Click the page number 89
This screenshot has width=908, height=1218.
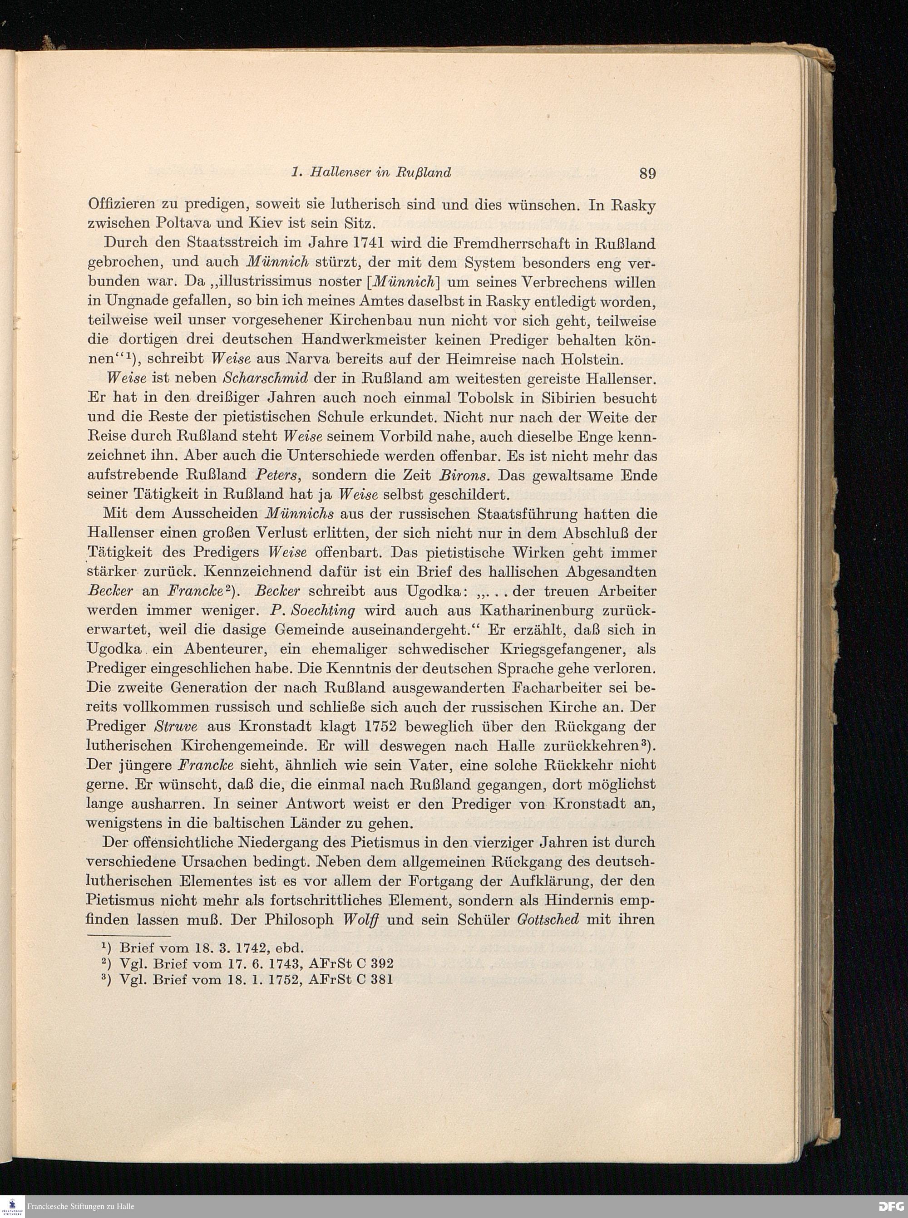pyautogui.click(x=647, y=174)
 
